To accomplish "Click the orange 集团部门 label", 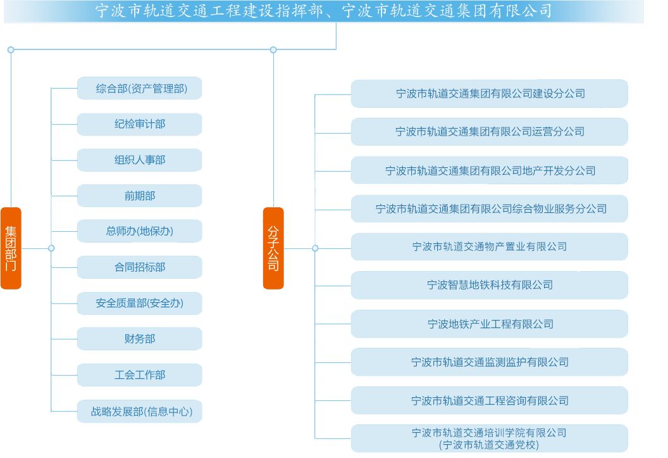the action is (x=11, y=248).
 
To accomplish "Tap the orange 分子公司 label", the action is (x=273, y=248).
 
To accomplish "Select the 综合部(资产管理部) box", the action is (x=139, y=88).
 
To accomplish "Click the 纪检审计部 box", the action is (x=139, y=124).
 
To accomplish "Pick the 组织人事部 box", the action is (x=139, y=160).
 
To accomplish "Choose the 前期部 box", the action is (x=139, y=196).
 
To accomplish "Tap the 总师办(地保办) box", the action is (x=139, y=231).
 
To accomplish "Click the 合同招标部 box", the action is (x=139, y=267).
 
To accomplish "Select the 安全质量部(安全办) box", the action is (x=139, y=303).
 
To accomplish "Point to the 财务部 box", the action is (x=139, y=339).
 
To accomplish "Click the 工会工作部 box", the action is (x=139, y=375).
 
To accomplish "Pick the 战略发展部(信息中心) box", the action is (x=139, y=411).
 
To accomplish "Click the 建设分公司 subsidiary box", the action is (x=490, y=93).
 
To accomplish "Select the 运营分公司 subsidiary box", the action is (x=490, y=132).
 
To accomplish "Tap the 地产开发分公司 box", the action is (x=490, y=170).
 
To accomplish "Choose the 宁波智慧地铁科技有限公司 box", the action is (x=490, y=285).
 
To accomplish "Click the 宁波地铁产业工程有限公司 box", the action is (x=490, y=324).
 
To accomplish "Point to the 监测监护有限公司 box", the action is (x=490, y=362).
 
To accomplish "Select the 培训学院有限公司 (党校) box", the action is (x=490, y=438).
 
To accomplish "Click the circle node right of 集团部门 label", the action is (x=51, y=248).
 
